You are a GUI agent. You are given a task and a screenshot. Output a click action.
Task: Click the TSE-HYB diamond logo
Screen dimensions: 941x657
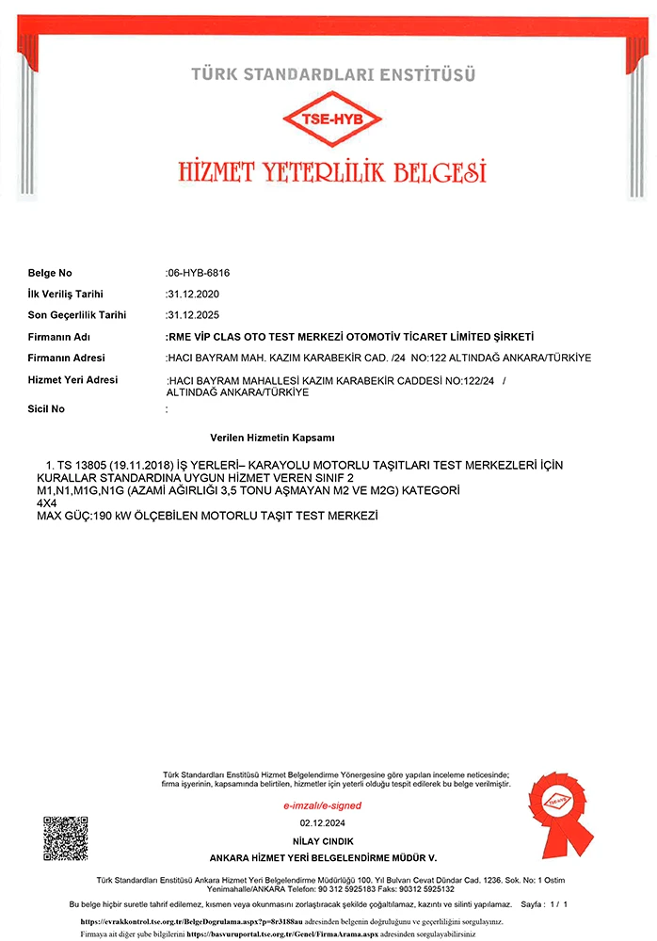point(331,120)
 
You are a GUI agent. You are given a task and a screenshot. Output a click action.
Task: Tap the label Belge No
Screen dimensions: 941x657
point(50,273)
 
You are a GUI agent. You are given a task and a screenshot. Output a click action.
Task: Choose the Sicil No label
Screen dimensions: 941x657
point(47,409)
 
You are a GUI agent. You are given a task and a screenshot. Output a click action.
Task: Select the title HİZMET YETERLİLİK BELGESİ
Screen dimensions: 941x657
point(331,171)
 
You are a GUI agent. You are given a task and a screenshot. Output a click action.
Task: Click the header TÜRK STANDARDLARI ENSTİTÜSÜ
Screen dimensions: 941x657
point(333,73)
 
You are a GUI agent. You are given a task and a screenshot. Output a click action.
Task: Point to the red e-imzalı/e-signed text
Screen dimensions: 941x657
point(322,805)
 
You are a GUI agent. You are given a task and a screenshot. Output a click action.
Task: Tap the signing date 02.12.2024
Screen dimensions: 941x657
point(322,823)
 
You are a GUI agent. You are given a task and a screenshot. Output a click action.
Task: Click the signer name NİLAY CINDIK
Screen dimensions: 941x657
point(322,840)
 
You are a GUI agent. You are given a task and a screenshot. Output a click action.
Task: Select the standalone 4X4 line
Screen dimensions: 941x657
point(47,503)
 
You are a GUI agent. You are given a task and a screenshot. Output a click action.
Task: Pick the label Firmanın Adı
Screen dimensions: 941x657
point(58,336)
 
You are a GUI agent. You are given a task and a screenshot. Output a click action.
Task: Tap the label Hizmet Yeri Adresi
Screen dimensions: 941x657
point(72,379)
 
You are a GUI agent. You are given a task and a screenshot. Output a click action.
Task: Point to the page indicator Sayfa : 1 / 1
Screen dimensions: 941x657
point(544,904)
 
